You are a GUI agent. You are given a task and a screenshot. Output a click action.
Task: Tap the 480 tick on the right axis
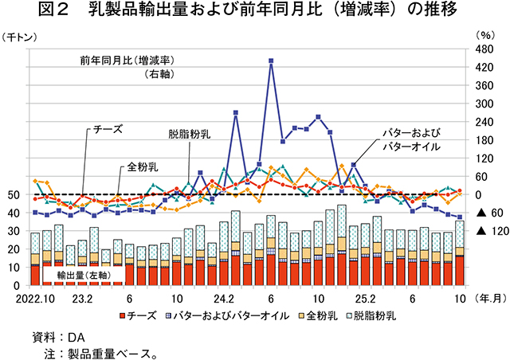(x=484, y=49)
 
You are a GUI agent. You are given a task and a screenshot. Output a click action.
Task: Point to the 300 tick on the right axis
(x=484, y=104)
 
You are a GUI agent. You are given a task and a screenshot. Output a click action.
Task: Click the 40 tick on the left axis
(x=14, y=213)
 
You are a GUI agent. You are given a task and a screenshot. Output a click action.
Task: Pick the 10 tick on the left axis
(x=14, y=268)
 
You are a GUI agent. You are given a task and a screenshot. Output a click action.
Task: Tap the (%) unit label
(x=484, y=36)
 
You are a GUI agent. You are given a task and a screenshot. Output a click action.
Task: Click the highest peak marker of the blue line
(x=271, y=60)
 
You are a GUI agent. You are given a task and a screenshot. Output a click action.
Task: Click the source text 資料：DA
(x=53, y=335)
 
